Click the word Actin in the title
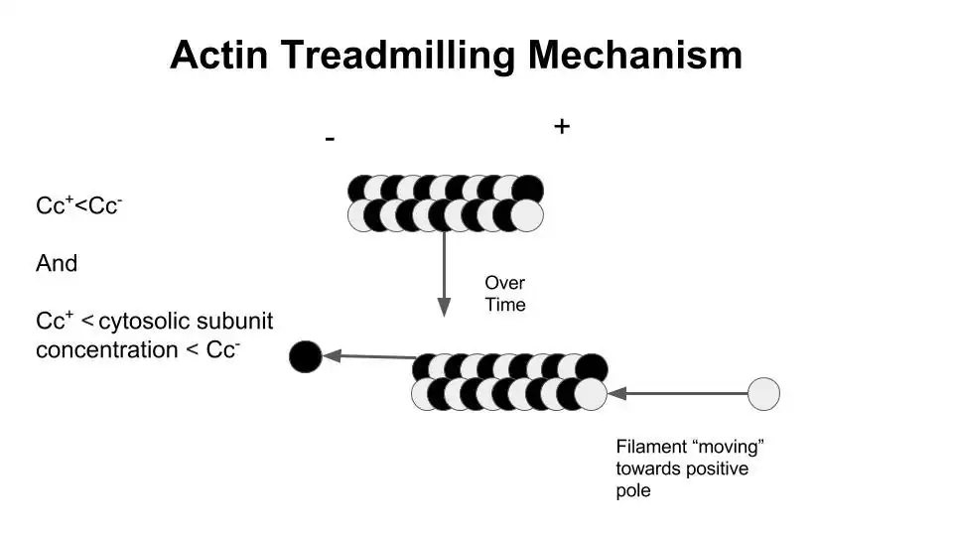pyautogui.click(x=217, y=55)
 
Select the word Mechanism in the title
pyautogui.click(x=634, y=55)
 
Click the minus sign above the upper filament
pyautogui.click(x=330, y=140)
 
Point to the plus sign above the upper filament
pyautogui.click(x=562, y=126)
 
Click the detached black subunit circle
pyautogui.click(x=306, y=355)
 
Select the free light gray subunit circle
pyautogui.click(x=763, y=394)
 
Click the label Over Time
pyautogui.click(x=504, y=294)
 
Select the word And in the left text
pyautogui.click(x=57, y=264)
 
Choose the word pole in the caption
pyautogui.click(x=633, y=491)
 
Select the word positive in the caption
pyautogui.click(x=715, y=469)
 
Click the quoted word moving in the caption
pyautogui.click(x=730, y=447)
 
